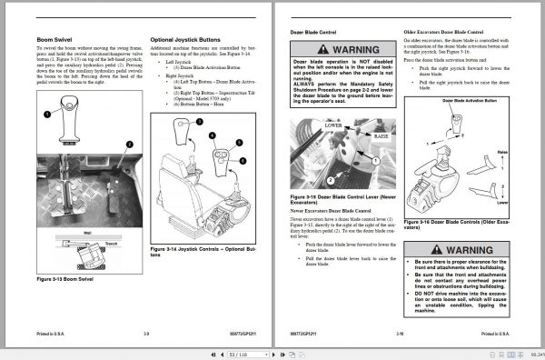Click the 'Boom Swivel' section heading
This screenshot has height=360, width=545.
pyautogui.click(x=55, y=41)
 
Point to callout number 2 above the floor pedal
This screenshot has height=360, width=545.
pyautogui.click(x=129, y=144)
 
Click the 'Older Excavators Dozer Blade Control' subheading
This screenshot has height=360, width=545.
pyautogui.click(x=446, y=30)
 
